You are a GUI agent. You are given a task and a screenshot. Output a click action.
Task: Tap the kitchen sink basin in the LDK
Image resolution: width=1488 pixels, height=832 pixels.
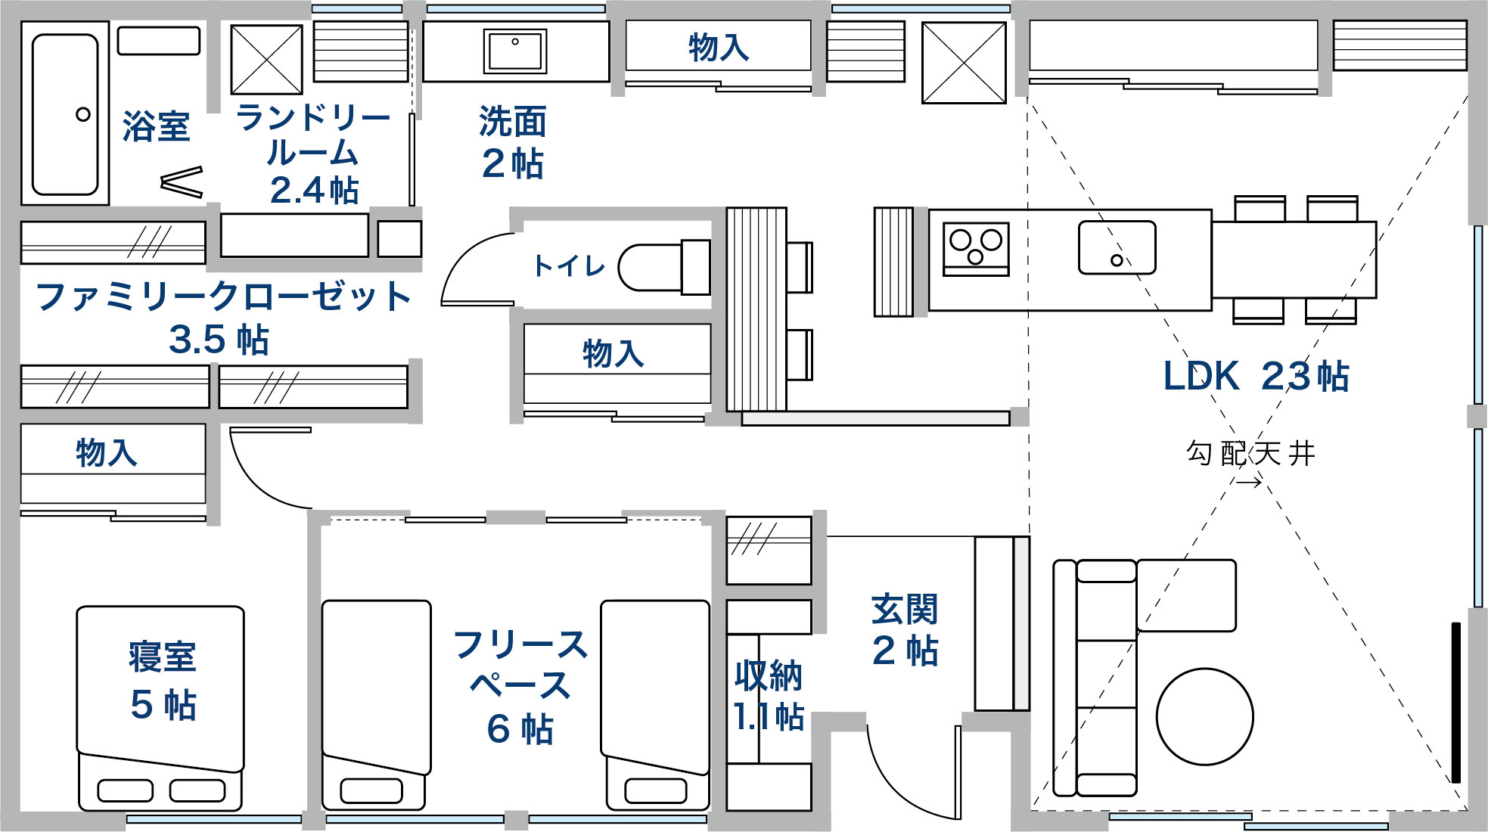(x=1117, y=247)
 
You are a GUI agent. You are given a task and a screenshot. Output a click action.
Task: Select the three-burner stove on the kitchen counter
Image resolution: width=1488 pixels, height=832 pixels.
(x=976, y=248)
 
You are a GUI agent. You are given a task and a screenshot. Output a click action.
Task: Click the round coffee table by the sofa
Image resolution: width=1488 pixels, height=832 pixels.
(x=1204, y=716)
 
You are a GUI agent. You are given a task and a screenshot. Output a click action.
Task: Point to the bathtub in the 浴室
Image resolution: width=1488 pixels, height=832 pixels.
(x=65, y=113)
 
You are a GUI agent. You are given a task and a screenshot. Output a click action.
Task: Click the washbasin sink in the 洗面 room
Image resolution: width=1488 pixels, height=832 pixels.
(x=515, y=51)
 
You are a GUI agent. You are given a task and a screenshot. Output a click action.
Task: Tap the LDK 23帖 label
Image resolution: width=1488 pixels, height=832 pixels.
(x=1256, y=376)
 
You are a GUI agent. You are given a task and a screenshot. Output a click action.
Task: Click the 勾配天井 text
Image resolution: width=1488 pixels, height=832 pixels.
(x=1250, y=453)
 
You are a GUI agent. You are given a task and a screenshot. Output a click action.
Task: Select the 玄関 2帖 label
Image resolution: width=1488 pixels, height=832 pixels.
(x=905, y=630)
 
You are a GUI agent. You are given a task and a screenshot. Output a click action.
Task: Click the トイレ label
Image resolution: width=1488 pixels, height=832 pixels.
(x=569, y=265)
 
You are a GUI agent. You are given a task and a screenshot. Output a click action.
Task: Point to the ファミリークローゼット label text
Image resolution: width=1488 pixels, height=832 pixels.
(x=222, y=296)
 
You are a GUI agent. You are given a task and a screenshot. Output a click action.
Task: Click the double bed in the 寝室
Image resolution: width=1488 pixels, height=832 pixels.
(x=160, y=707)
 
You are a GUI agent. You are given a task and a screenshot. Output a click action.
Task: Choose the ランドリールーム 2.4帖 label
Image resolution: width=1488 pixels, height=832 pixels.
(x=313, y=154)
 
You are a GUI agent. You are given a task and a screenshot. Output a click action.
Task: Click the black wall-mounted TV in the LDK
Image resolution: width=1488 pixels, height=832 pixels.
(x=1455, y=703)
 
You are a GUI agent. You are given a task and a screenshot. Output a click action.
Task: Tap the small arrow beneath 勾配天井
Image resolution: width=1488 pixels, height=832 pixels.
(x=1249, y=482)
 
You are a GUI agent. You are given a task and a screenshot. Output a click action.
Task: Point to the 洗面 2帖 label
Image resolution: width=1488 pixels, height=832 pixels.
(x=512, y=142)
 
